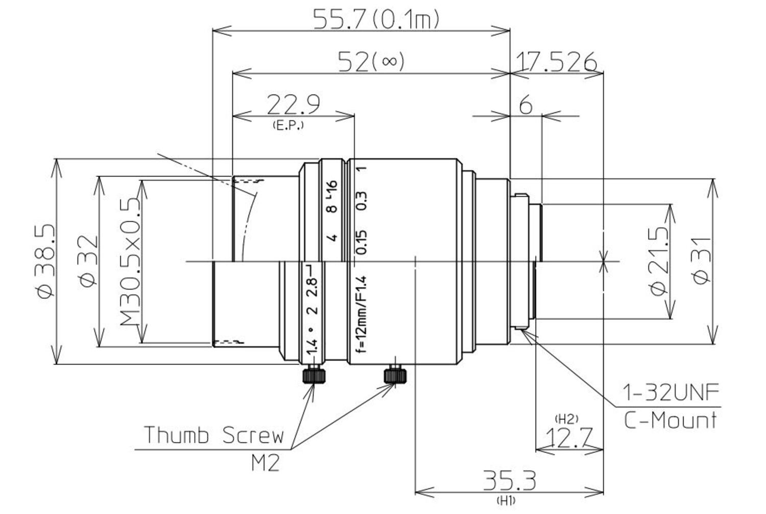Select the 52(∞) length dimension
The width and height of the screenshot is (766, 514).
point(371,62)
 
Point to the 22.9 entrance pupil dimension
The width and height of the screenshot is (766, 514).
point(294,105)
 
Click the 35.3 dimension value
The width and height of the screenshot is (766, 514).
point(510,481)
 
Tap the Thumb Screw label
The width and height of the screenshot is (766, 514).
point(213,435)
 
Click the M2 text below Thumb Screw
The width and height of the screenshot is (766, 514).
point(265,463)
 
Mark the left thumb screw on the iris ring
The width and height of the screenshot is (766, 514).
point(314,376)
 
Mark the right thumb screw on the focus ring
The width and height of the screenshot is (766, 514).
point(395,376)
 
